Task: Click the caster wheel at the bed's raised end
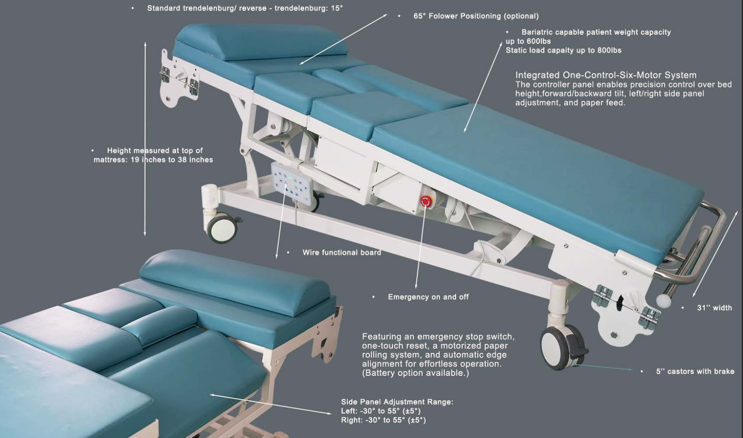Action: tap(222, 229)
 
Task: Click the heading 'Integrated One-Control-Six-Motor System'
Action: tap(606, 75)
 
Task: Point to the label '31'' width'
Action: tap(715, 308)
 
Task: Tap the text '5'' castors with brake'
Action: tap(695, 371)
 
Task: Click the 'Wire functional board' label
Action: tap(342, 253)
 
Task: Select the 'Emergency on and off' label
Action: tap(428, 297)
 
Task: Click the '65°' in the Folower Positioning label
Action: tap(419, 16)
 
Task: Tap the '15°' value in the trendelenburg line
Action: tap(337, 8)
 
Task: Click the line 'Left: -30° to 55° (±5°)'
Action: tap(381, 411)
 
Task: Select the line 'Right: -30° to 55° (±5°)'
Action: tap(384, 420)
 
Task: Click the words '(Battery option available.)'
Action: tap(415, 373)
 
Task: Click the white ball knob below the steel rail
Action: tap(663, 301)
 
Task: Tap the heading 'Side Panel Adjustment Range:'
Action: tap(397, 402)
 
